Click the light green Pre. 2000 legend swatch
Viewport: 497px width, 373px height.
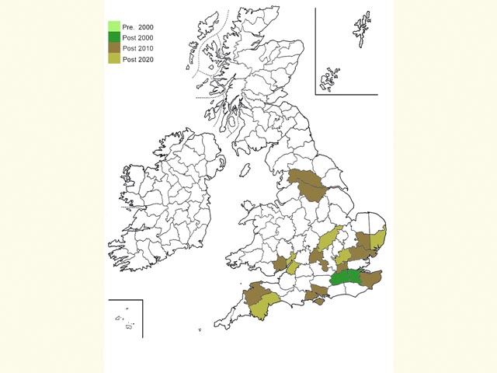114,26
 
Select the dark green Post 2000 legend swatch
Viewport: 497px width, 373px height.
114,37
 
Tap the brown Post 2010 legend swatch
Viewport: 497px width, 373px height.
114,48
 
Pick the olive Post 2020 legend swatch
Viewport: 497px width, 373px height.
114,59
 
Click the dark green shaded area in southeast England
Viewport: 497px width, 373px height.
346,277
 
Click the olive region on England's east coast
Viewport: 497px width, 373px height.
378,237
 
